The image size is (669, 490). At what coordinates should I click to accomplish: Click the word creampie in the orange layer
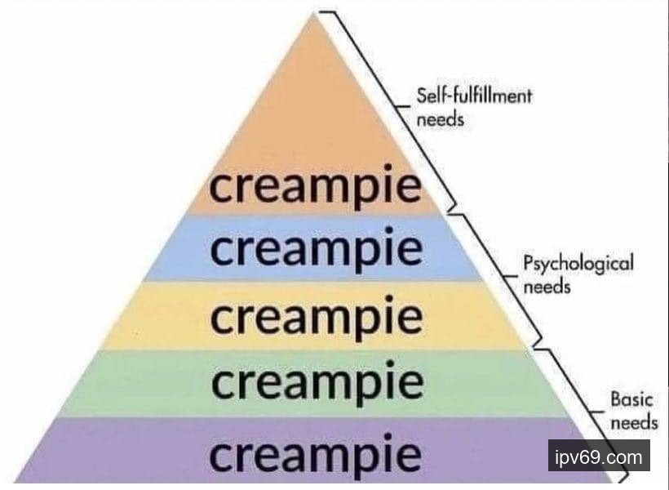(x=316, y=189)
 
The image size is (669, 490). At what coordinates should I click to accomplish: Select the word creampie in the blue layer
(x=316, y=249)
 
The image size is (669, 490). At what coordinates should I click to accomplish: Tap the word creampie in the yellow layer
(x=316, y=316)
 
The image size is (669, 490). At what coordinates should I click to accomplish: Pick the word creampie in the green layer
(x=316, y=382)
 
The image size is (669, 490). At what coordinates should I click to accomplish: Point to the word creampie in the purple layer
(x=316, y=453)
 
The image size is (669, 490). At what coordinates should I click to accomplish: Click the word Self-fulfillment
(x=474, y=96)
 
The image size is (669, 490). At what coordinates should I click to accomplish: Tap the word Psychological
(x=578, y=264)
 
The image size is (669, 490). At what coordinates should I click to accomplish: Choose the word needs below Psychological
(x=546, y=287)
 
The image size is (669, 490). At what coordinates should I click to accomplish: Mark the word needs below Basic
(x=634, y=422)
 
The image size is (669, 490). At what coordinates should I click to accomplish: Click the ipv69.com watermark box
(x=599, y=456)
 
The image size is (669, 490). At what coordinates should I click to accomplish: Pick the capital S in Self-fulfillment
(x=422, y=96)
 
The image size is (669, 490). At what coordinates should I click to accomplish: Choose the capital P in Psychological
(x=528, y=264)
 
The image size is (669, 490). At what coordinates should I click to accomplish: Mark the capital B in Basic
(x=616, y=400)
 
